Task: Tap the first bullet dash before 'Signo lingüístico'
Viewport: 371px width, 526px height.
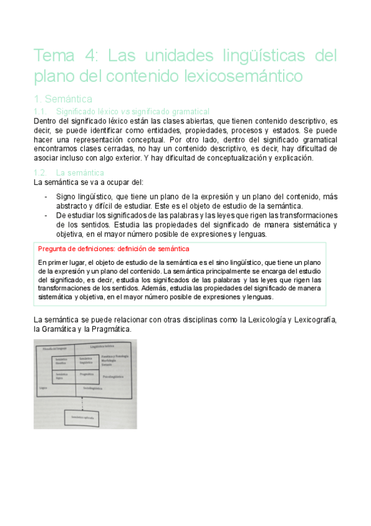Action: coord(48,196)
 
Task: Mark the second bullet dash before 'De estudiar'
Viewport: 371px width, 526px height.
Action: coord(48,215)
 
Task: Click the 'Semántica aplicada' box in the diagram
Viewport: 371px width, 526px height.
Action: coord(83,419)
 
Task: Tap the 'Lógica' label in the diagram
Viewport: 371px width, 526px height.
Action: coord(42,388)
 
